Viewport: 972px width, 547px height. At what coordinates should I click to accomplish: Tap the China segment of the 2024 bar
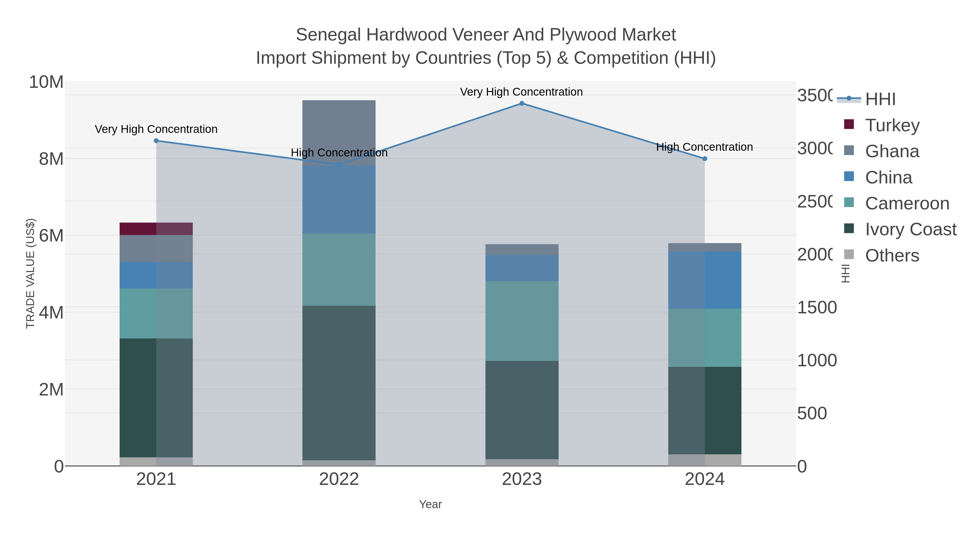click(704, 280)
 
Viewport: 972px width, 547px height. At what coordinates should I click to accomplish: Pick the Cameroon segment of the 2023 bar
click(521, 321)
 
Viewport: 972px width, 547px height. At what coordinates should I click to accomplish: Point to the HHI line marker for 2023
click(521, 103)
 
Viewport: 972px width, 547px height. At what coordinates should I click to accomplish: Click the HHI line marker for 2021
click(156, 141)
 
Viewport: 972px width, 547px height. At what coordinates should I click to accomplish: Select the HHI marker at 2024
click(704, 159)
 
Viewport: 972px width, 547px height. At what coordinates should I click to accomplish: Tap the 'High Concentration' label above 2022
click(339, 153)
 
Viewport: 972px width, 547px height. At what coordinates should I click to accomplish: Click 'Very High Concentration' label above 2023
click(521, 92)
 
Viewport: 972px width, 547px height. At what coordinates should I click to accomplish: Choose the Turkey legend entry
click(892, 125)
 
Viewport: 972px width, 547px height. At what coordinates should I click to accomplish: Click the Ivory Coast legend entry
click(910, 229)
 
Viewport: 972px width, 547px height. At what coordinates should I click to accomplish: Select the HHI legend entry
click(880, 99)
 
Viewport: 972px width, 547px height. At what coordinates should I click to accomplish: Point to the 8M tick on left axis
click(51, 159)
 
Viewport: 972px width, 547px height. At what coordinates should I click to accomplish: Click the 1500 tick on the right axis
click(816, 307)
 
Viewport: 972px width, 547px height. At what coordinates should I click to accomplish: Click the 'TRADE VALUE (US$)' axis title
click(30, 273)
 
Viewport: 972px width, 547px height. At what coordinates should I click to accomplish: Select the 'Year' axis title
click(430, 504)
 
